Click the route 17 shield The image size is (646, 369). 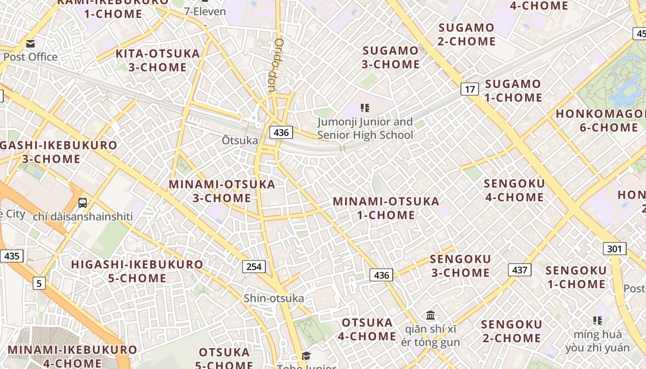469,89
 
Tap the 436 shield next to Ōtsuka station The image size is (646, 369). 281,133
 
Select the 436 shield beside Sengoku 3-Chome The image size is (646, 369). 381,275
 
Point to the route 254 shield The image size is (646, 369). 254,266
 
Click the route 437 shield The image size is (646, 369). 520,270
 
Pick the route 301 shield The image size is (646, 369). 614,249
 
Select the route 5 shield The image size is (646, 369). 39,283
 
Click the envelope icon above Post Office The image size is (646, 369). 30,44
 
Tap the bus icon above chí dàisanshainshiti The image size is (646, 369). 83,202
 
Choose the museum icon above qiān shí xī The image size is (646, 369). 431,315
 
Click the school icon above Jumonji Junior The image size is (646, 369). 365,108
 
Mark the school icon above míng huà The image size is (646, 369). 598,320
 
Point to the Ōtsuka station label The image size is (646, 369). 240,140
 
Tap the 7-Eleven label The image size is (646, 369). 205,12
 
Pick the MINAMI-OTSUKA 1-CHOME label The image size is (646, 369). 386,208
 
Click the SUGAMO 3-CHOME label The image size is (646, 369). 390,57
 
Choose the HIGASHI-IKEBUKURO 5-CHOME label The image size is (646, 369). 137,271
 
